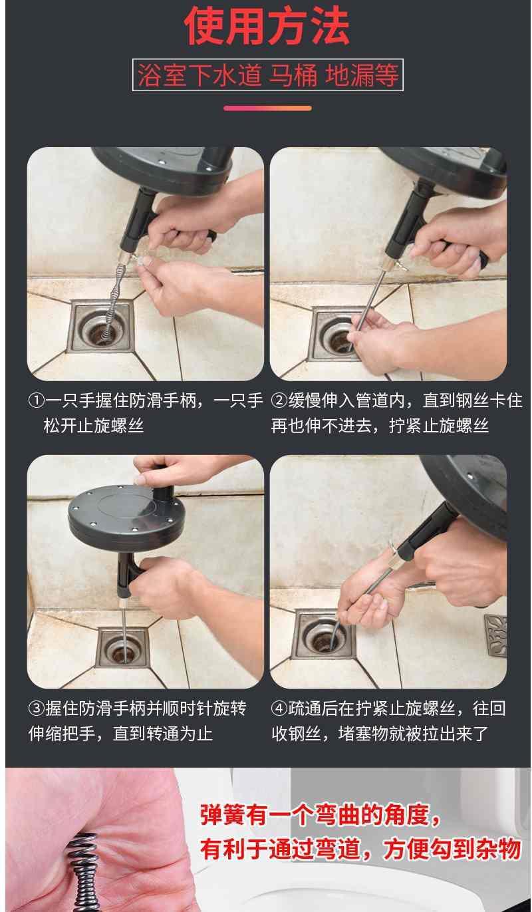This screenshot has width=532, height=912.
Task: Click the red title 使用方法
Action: [x=267, y=27]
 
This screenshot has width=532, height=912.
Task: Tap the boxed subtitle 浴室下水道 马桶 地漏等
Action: [x=267, y=75]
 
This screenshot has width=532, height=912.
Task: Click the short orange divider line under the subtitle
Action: [x=267, y=108]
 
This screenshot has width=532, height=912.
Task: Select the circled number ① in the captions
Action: [x=36, y=400]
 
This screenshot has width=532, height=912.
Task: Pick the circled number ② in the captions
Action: [x=279, y=400]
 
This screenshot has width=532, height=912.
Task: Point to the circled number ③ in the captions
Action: [x=36, y=708]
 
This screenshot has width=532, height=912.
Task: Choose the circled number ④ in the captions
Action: [x=279, y=708]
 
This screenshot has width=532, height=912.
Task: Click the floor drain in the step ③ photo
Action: [x=122, y=648]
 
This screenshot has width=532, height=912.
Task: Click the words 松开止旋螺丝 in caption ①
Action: [x=94, y=426]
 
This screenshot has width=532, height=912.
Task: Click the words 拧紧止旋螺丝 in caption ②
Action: [x=439, y=426]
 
